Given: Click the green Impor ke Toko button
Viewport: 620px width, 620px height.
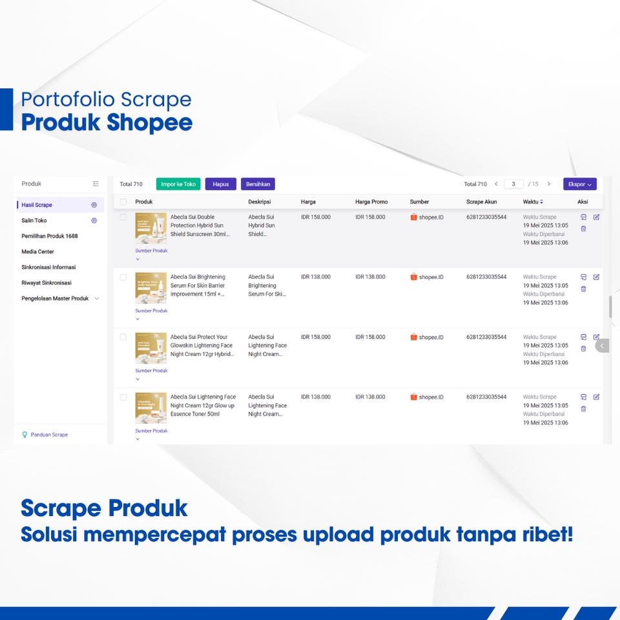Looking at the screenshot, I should (178, 184).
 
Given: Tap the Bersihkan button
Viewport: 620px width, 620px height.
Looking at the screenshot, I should (258, 184).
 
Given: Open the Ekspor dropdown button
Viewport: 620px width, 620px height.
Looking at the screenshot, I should (579, 184).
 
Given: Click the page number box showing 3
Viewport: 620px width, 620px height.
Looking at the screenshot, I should (513, 184).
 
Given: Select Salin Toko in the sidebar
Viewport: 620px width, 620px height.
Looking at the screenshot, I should (34, 220).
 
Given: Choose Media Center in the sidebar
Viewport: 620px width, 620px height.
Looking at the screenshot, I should (37, 251).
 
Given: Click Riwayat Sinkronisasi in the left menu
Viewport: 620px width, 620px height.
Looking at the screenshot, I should (46, 283).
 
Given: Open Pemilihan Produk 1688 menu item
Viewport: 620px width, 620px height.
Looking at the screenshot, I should (50, 236).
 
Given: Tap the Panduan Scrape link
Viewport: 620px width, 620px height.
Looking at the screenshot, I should (49, 435).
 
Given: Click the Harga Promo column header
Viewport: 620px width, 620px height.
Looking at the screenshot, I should (371, 202).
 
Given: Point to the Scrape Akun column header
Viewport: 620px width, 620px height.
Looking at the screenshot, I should (482, 202).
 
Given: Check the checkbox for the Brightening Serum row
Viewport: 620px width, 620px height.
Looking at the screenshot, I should (123, 277).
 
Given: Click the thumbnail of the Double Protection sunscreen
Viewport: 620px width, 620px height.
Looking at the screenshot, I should (150, 229).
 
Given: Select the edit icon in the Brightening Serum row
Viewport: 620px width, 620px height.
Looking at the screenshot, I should (596, 277).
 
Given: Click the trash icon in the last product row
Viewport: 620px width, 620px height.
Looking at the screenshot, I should (583, 409).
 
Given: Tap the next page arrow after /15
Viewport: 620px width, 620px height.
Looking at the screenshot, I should (549, 184).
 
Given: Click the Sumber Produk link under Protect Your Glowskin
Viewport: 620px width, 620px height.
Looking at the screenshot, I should (151, 371).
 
